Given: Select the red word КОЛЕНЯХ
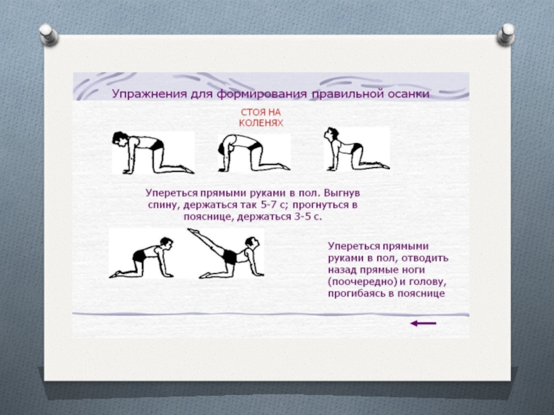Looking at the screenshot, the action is (261, 123).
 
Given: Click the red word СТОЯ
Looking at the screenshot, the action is (251, 112).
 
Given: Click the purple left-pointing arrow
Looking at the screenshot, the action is (423, 323).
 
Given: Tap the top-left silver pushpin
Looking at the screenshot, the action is (48, 35).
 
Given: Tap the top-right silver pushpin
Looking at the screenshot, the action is (506, 34).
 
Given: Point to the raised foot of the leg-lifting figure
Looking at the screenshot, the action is (192, 231).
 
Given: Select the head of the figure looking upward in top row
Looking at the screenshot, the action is (332, 134).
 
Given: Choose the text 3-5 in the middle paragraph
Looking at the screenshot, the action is (303, 216).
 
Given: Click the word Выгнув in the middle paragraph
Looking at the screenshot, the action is (341, 194).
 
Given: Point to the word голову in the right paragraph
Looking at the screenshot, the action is (427, 282).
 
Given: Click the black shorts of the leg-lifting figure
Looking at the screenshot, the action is (229, 257).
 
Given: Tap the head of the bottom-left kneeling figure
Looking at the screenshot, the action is (166, 243).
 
